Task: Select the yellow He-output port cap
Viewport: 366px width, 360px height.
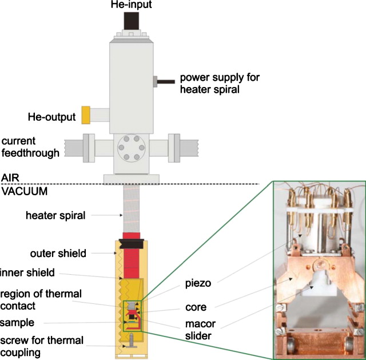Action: tap(86, 114)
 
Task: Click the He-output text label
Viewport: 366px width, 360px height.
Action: tap(52, 117)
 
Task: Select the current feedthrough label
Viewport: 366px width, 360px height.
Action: tap(31, 147)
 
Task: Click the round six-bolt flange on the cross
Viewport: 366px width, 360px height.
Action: tap(130, 148)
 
